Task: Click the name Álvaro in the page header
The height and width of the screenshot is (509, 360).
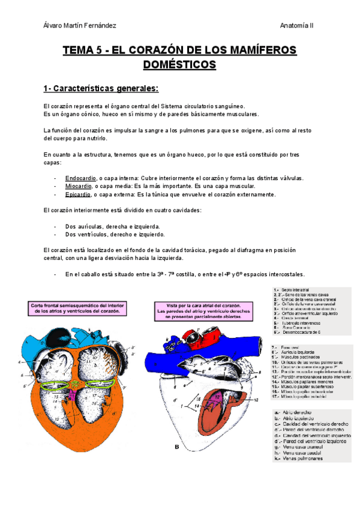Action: [55, 25]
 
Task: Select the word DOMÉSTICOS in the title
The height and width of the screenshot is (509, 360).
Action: [180, 64]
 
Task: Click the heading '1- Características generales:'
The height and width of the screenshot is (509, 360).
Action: [101, 89]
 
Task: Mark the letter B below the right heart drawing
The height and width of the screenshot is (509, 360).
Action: [176, 446]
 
